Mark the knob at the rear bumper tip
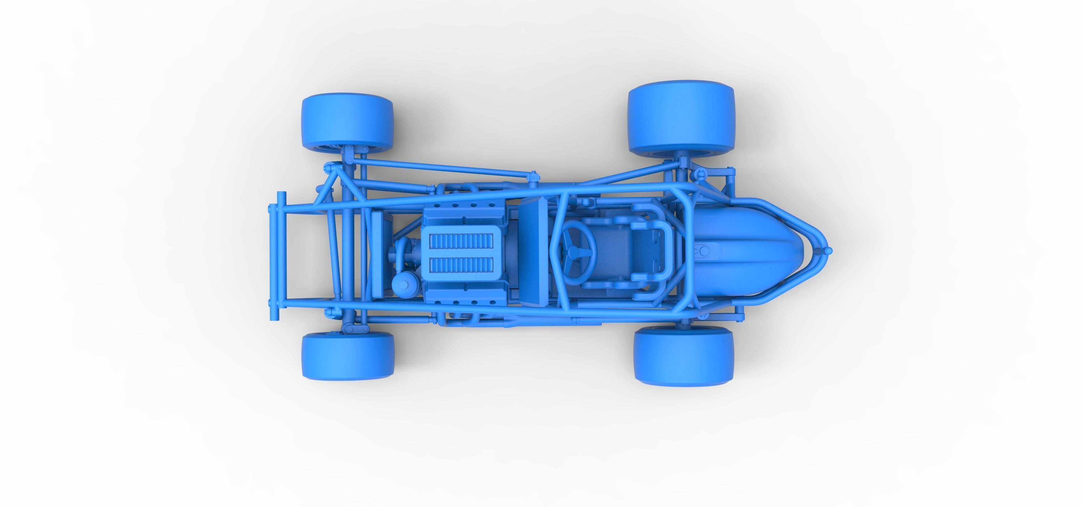829,251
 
